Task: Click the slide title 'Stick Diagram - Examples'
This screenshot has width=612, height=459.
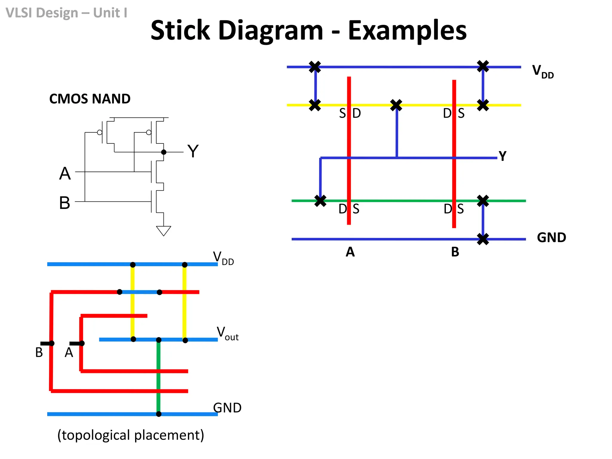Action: [x=308, y=30]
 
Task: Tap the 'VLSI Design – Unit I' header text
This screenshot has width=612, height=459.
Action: [x=66, y=13]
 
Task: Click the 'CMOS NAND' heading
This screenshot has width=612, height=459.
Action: [x=90, y=99]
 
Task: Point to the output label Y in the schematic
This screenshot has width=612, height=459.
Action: [x=193, y=151]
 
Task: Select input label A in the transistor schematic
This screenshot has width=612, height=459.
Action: [x=65, y=174]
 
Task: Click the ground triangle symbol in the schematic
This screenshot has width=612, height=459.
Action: [x=163, y=231]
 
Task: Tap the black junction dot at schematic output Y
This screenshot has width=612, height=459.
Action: [x=163, y=152]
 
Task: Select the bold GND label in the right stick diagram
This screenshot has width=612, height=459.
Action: [x=551, y=238]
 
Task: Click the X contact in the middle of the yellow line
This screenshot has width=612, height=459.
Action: [x=396, y=105]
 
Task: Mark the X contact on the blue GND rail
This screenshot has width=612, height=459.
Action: [x=483, y=239]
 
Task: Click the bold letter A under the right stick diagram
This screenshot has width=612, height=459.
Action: [x=350, y=252]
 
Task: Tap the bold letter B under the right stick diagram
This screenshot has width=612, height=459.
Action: [x=455, y=252]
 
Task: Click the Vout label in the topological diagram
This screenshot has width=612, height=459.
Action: [x=227, y=333]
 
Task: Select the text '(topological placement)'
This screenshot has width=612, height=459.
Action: [x=131, y=435]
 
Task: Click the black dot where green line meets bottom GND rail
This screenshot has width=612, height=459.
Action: [x=159, y=414]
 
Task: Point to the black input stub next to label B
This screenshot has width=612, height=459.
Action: [x=46, y=343]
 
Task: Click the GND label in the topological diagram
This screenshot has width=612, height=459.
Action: [x=227, y=408]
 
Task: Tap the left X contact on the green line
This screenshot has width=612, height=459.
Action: [x=320, y=201]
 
